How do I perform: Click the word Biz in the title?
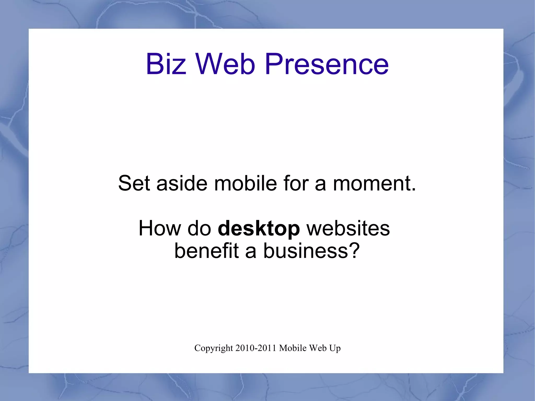pyautogui.click(x=166, y=64)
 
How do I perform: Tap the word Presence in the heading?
pyautogui.click(x=327, y=64)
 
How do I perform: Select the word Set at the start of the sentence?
pyautogui.click(x=134, y=183)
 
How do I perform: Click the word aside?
pyautogui.click(x=182, y=183)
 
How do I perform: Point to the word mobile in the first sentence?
pyautogui.click(x=246, y=183)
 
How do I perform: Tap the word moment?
pyautogui.click(x=374, y=183)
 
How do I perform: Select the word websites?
pyautogui.click(x=348, y=228)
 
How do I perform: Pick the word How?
pyautogui.click(x=160, y=228)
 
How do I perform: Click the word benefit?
pyautogui.click(x=206, y=251)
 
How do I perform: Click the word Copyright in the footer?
pyautogui.click(x=213, y=348)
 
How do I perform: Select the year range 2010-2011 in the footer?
pyautogui.click(x=256, y=348)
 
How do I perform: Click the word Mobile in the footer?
pyautogui.click(x=293, y=348)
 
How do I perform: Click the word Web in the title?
pyautogui.click(x=225, y=64)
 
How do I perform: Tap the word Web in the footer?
pyautogui.click(x=318, y=348)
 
